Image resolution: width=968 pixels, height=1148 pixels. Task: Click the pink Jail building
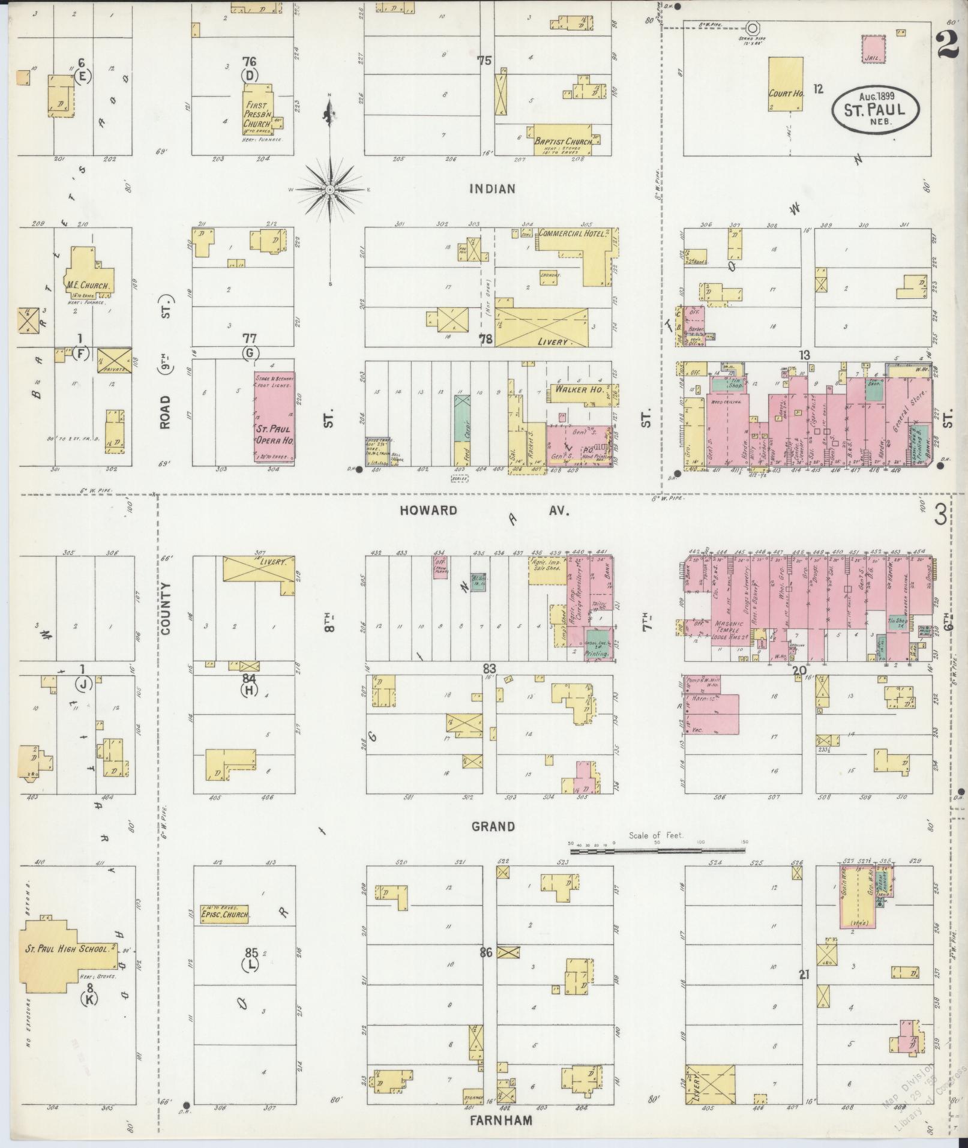[x=873, y=49]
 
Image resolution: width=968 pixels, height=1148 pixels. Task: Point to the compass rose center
[x=329, y=189]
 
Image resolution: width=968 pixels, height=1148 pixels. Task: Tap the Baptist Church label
[x=560, y=142]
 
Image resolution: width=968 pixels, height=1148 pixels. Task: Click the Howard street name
[x=428, y=511]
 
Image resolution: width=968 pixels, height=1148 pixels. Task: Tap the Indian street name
[x=492, y=189]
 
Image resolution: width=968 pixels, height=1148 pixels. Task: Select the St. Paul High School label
[x=66, y=949]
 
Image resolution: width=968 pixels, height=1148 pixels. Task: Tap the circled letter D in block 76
[x=250, y=76]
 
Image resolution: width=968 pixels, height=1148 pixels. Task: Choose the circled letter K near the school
[x=90, y=999]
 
